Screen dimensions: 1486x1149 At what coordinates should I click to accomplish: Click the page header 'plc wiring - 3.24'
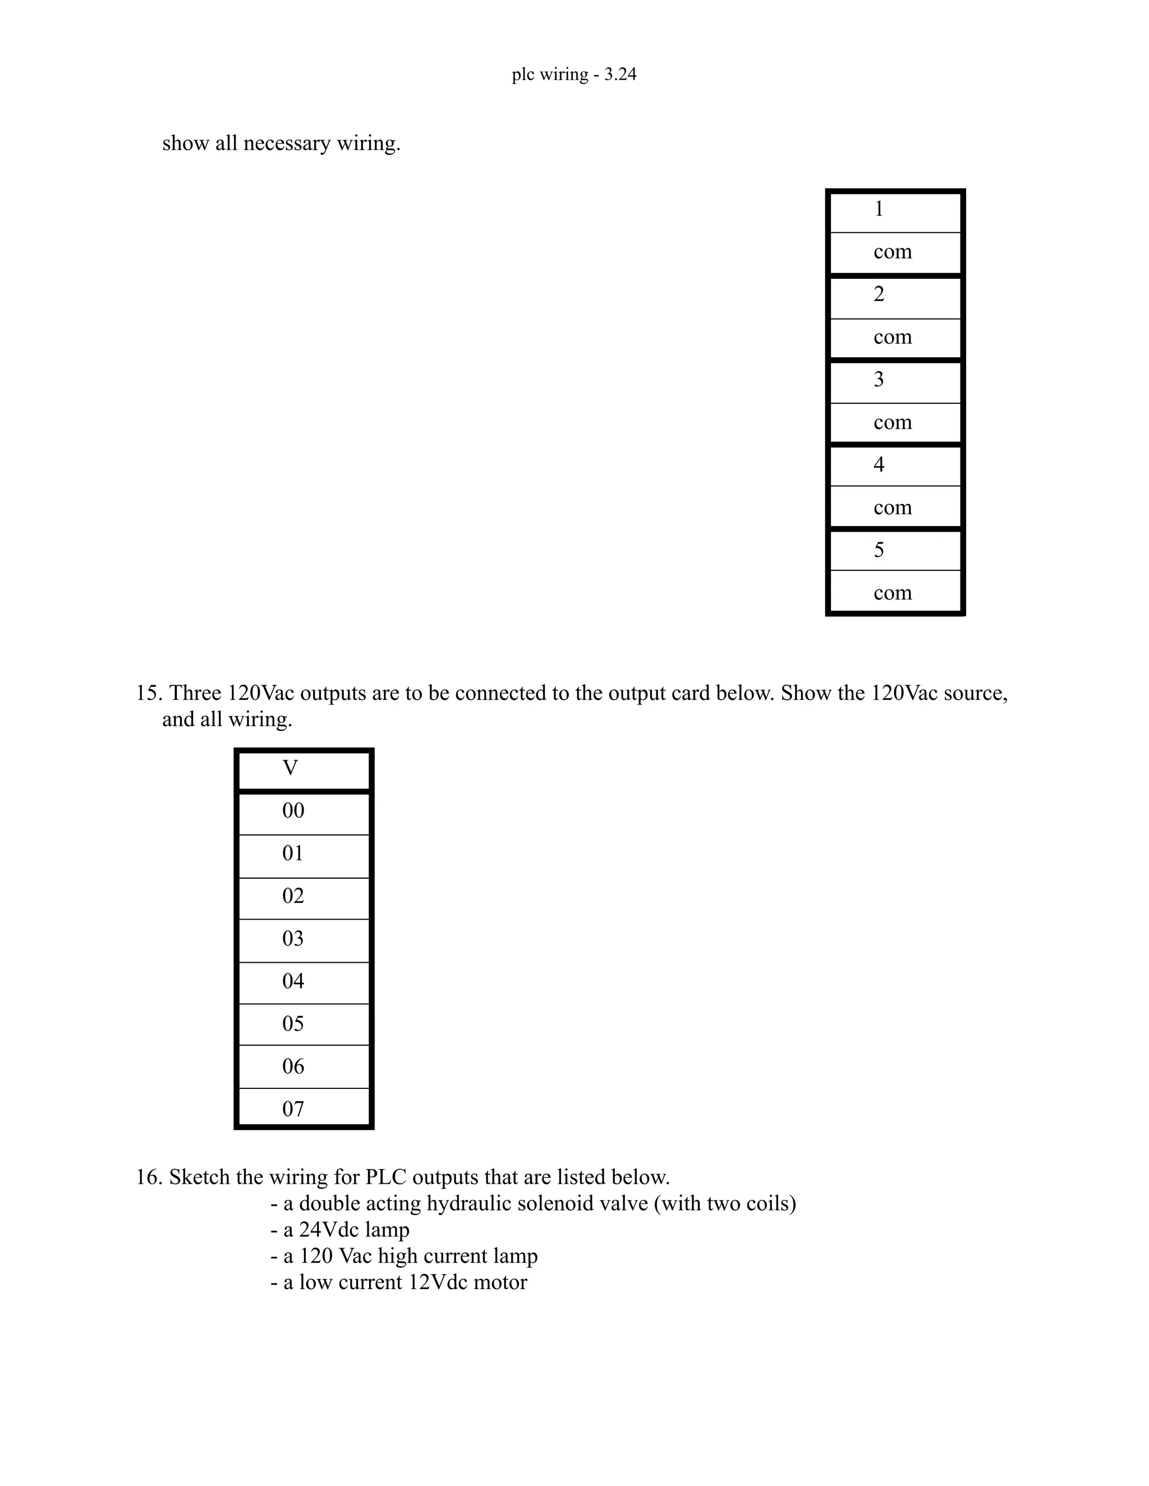pos(574,74)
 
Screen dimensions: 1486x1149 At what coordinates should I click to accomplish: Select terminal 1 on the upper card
pos(894,210)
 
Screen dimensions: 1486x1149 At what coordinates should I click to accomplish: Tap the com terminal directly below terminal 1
pos(894,252)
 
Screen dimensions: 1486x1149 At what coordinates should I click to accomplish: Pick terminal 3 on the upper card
pos(894,380)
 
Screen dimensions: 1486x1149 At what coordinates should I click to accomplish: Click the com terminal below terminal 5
pos(894,593)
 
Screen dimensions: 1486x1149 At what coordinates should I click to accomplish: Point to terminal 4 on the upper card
pos(894,465)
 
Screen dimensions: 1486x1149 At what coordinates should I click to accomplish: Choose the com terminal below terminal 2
pos(894,338)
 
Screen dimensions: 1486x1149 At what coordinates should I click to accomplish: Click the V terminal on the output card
pos(304,769)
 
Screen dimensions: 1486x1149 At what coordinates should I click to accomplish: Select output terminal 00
pos(304,811)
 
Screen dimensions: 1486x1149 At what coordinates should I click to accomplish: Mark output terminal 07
pos(304,1109)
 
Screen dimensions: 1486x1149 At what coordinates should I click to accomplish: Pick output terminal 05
pos(304,1024)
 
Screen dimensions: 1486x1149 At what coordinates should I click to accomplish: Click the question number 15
pos(148,693)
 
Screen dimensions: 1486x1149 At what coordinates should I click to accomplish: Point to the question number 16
pos(148,1178)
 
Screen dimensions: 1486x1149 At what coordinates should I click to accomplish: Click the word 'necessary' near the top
pos(287,144)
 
